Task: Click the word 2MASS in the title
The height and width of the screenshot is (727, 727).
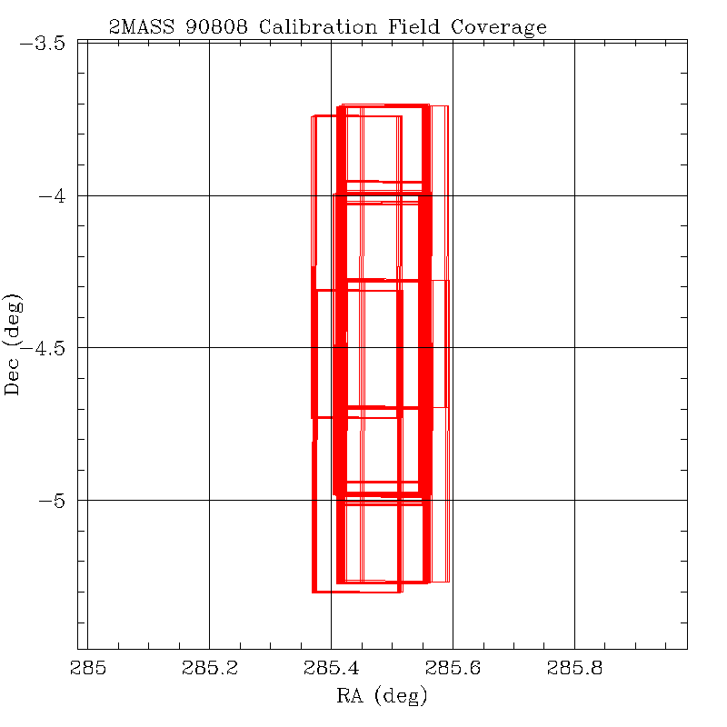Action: [x=139, y=27]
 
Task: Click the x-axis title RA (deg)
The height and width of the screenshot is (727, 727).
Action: [x=382, y=698]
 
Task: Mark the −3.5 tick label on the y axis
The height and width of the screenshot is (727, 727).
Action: [x=45, y=43]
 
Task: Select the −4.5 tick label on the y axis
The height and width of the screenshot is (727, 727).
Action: [x=45, y=348]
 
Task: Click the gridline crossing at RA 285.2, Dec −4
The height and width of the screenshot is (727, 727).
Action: [x=210, y=195]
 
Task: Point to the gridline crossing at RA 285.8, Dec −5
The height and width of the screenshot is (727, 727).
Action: [x=574, y=500]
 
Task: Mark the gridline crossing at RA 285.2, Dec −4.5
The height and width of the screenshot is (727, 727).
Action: [x=210, y=347]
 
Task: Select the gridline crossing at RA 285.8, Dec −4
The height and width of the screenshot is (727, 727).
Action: [x=574, y=195]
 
